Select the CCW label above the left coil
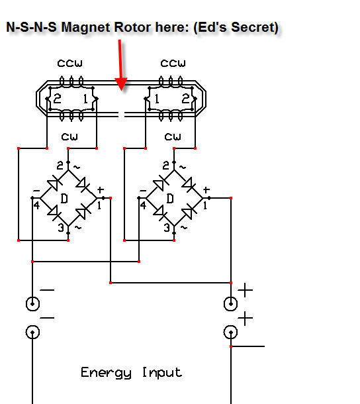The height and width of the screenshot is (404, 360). (69, 64)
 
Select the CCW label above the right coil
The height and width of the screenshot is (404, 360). (173, 64)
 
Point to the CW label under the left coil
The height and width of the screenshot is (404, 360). (69, 137)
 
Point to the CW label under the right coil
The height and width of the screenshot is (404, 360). (173, 137)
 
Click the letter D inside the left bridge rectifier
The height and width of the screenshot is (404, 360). (64, 199)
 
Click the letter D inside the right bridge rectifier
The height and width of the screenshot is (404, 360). (170, 199)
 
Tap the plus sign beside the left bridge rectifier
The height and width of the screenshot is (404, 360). (101, 190)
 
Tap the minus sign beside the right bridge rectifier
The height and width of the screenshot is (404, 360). (143, 191)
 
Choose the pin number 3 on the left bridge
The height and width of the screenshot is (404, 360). (61, 228)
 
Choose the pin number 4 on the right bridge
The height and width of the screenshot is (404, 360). (143, 205)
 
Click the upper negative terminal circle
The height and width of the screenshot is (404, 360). (32, 304)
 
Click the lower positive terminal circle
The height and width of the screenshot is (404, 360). (231, 332)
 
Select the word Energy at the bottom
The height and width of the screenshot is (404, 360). (106, 373)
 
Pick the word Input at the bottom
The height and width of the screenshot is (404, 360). (162, 373)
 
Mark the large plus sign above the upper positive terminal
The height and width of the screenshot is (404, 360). (245, 290)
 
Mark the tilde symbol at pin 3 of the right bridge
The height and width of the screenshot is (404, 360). (184, 228)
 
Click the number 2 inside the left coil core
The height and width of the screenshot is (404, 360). (57, 99)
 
